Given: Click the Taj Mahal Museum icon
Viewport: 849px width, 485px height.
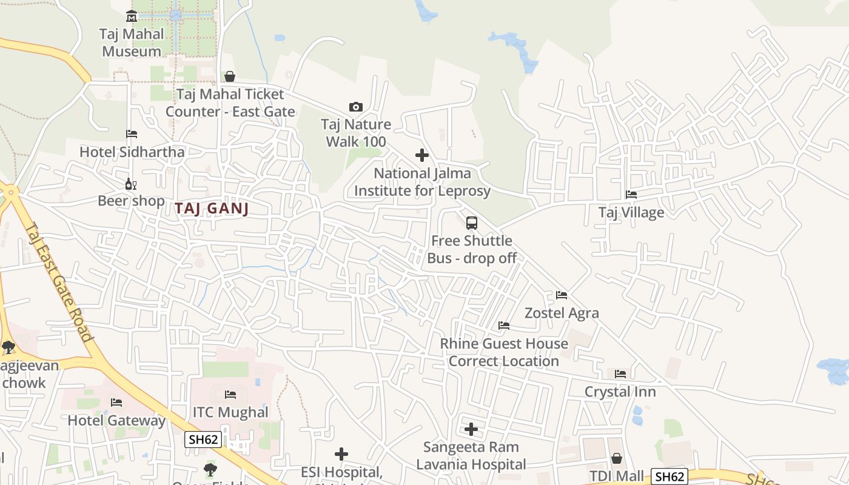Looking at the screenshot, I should tap(132, 16).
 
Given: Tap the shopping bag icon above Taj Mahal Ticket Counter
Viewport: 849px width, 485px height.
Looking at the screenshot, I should tap(230, 76).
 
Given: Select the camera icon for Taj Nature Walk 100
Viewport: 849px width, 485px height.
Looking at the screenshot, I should tap(356, 107).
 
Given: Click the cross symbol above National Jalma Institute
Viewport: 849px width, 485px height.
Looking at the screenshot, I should tap(422, 155).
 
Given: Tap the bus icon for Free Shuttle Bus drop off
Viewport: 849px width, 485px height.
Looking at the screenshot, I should tap(472, 223).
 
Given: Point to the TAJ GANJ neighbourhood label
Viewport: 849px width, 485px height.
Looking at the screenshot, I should tap(212, 209).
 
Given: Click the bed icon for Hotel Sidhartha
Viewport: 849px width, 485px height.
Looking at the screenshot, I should tap(132, 134).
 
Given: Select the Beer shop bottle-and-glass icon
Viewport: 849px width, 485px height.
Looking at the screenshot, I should tap(130, 184).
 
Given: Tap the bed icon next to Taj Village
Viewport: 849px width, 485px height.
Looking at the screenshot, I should tap(631, 195).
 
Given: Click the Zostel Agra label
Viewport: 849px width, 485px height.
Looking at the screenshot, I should tap(562, 313).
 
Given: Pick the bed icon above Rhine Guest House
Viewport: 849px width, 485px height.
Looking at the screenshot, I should tap(504, 326).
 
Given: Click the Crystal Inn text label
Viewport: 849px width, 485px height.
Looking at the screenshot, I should tap(620, 392).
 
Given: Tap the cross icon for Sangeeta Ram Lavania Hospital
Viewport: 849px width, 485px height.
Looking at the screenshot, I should tap(471, 430).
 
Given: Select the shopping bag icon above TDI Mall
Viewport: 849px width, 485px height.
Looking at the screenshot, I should tap(617, 458).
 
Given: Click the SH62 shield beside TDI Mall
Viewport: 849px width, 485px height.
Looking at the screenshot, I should tap(669, 477).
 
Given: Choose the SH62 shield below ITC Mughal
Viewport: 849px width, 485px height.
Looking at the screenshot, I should tap(203, 440).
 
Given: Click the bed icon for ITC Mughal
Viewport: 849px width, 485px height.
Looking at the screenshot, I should tap(230, 395).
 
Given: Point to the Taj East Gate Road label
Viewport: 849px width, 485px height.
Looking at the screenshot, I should tap(59, 282).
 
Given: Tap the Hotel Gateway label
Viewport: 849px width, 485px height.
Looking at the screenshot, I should tap(116, 420).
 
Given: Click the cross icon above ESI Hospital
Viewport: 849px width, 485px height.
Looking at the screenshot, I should tap(341, 454).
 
